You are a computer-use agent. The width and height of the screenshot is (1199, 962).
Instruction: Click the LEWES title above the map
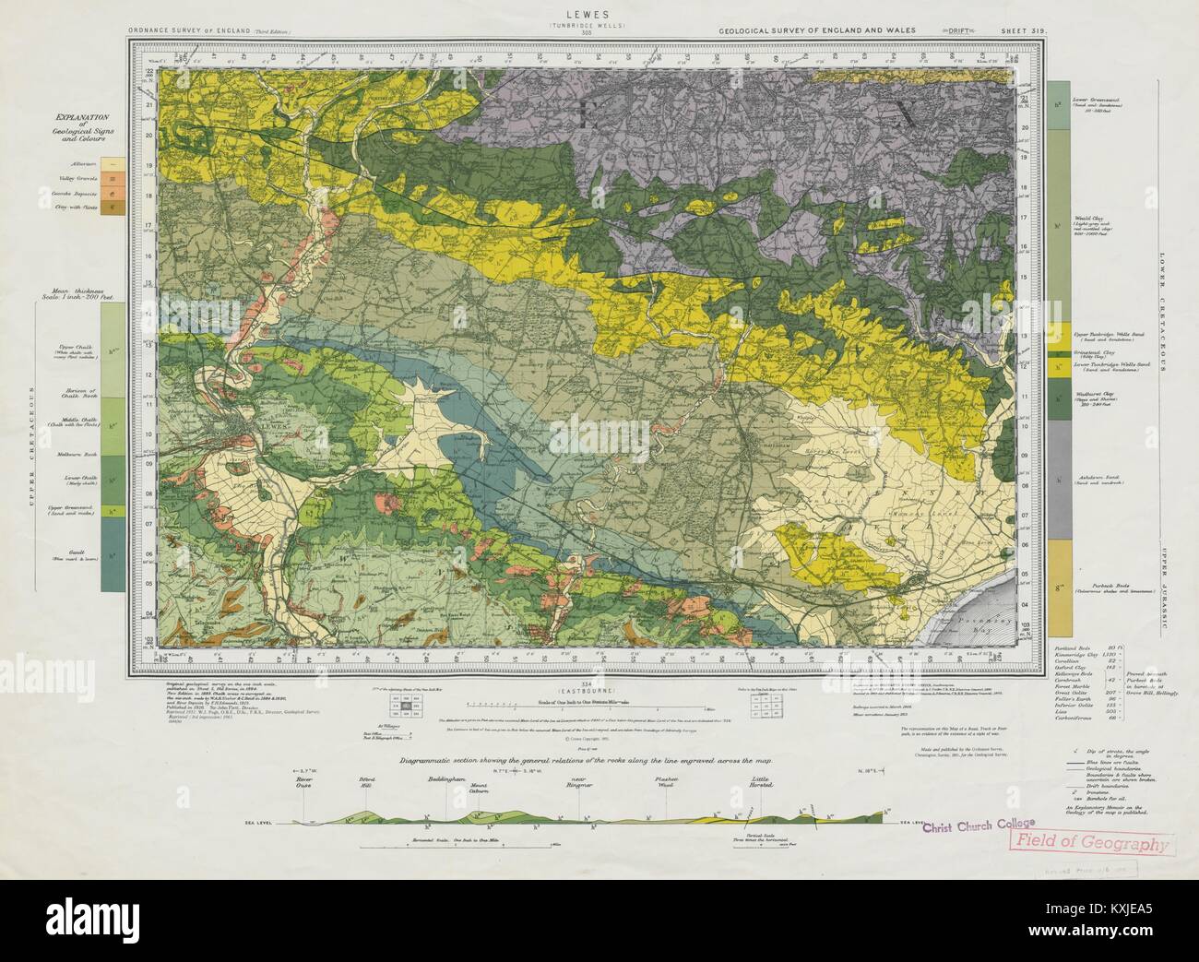[x=600, y=16]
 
